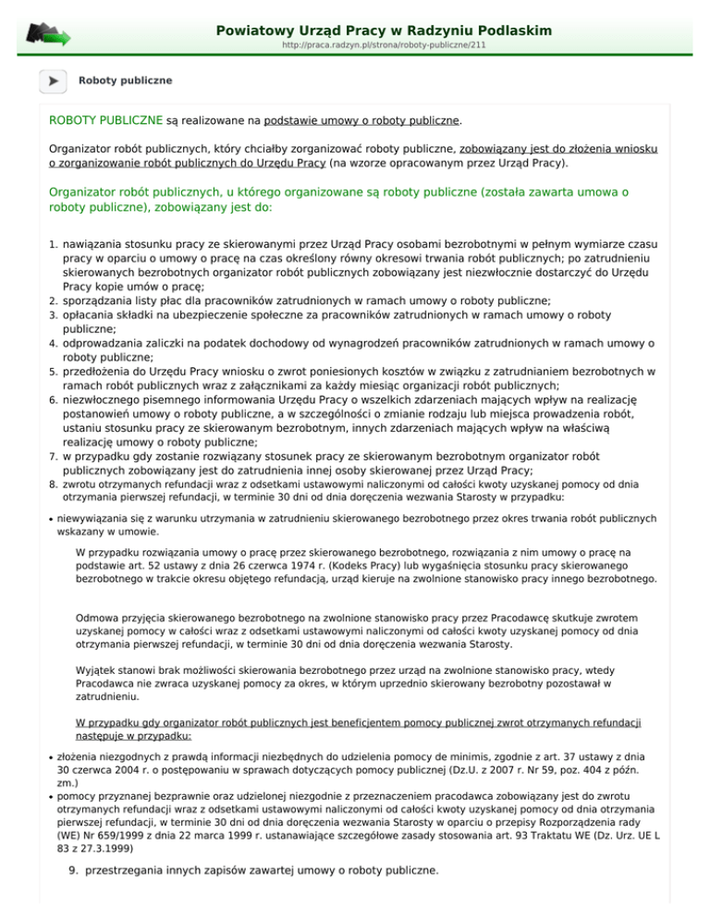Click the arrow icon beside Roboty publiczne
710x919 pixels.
coord(51,81)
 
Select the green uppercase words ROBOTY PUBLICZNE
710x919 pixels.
coord(106,120)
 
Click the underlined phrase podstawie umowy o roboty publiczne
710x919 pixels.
coord(361,120)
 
